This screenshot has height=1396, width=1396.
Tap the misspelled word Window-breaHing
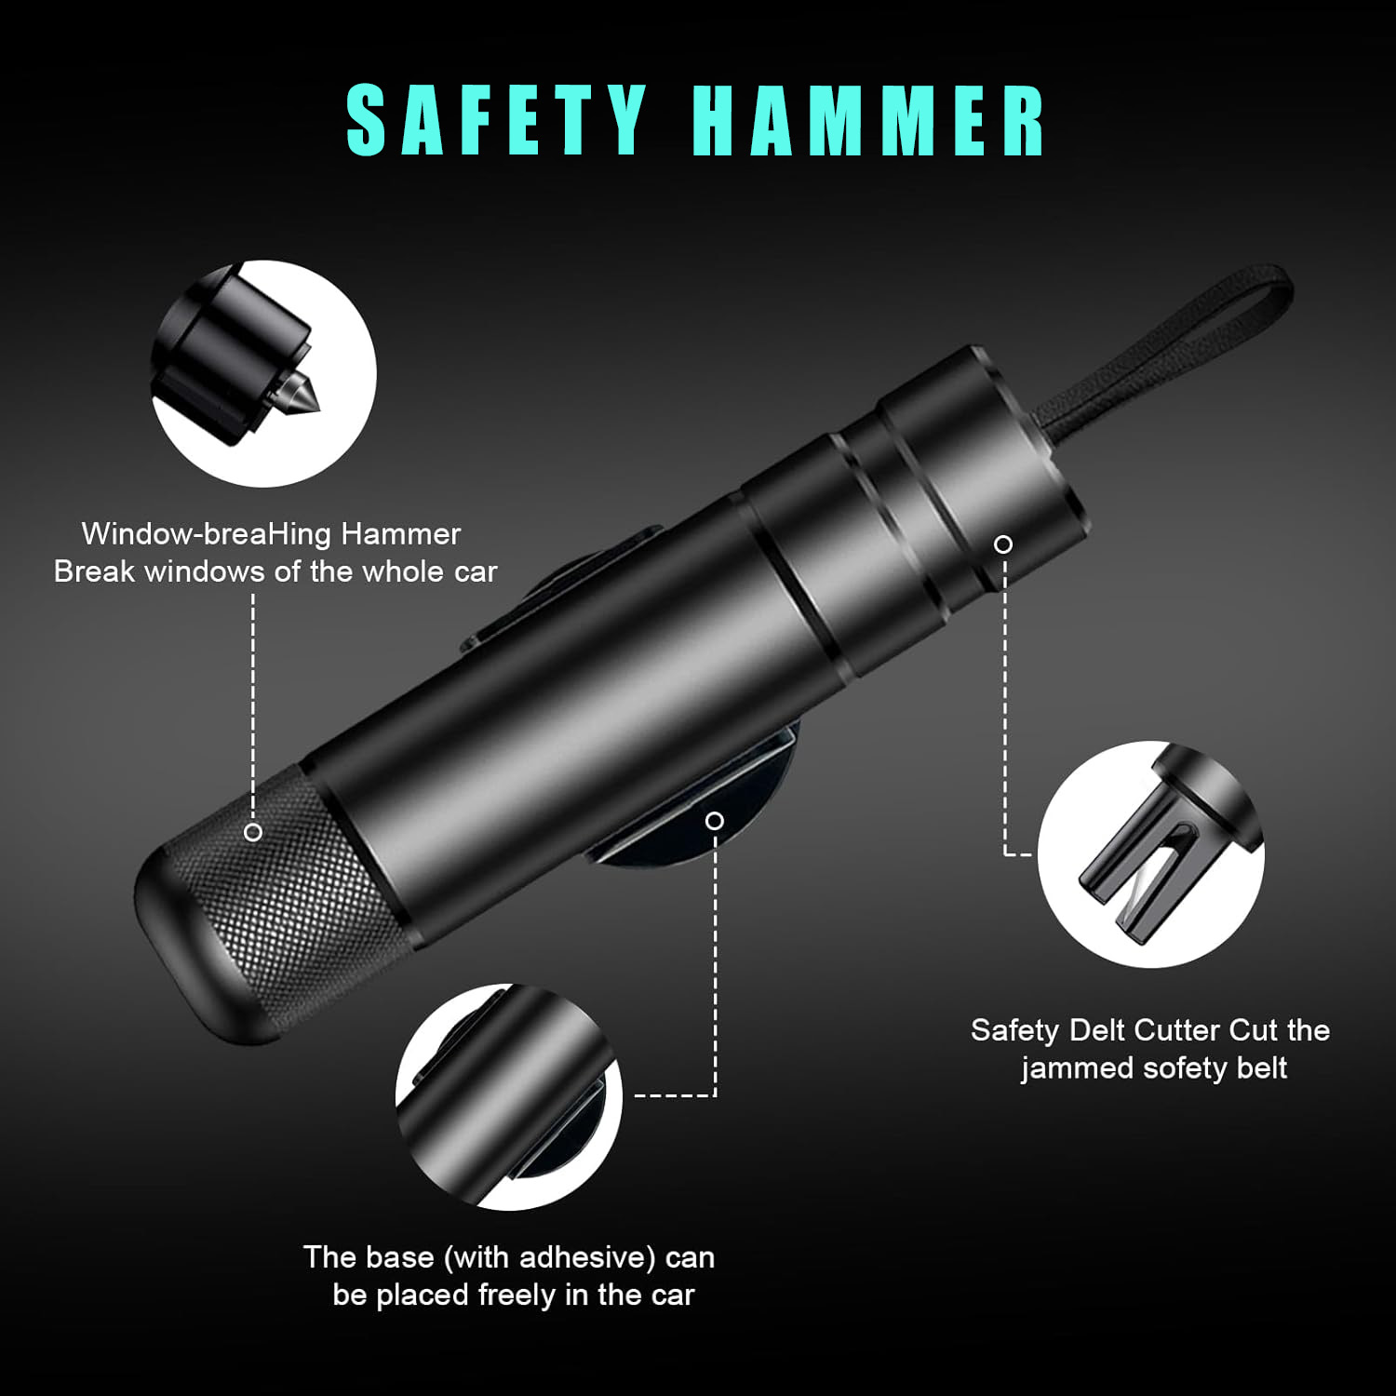pos(206,534)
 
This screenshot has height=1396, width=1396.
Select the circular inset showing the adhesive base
pos(508,1096)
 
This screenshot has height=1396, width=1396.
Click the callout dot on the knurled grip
pos(253,832)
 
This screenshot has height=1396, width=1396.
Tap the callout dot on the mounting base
pos(715,820)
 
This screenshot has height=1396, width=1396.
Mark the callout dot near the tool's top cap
pos(1003,544)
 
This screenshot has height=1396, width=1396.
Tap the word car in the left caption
pos(476,571)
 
